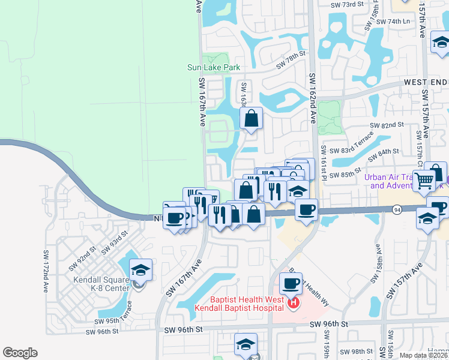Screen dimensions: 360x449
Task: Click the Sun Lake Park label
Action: (x=214, y=68)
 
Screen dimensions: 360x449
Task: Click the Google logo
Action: (x=20, y=353)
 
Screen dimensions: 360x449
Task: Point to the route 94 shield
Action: (x=397, y=209)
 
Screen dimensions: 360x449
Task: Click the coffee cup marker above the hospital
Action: (x=291, y=283)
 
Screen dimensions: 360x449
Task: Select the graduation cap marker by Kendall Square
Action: (x=140, y=270)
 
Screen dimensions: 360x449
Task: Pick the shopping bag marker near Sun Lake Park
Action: (x=252, y=119)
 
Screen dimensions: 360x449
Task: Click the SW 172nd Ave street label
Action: (x=45, y=272)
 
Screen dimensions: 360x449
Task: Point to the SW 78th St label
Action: (x=291, y=59)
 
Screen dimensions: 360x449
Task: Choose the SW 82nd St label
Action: (x=386, y=125)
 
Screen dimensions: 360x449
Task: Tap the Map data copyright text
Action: (x=424, y=355)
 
